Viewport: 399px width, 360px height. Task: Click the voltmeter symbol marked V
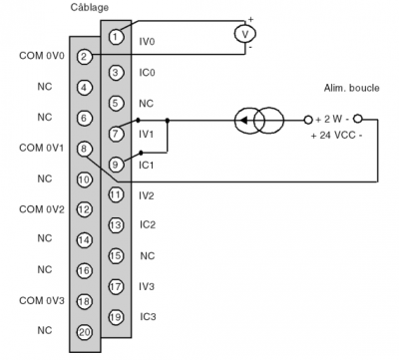[x=238, y=34]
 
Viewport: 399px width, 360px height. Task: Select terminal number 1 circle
[x=116, y=37]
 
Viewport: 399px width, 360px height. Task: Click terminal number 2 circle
[x=85, y=57]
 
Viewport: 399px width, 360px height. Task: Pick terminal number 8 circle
[x=85, y=148]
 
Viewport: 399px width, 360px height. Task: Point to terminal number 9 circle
[x=116, y=164]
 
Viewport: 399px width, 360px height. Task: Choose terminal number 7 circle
[x=116, y=133]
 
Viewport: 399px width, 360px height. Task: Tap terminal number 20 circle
[x=85, y=330]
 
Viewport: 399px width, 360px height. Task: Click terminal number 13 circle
[x=116, y=224]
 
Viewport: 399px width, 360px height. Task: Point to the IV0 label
[x=147, y=42]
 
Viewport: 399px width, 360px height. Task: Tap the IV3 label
[x=147, y=285]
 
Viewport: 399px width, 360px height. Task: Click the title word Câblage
[x=91, y=8]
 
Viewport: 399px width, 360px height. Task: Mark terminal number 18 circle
[x=85, y=300]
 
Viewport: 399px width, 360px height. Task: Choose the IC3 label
[x=147, y=316]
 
